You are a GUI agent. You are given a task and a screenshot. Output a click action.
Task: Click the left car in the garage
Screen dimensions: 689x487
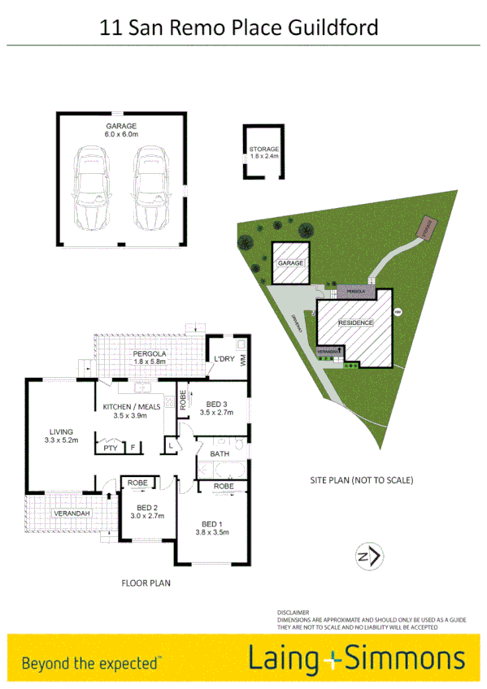91,188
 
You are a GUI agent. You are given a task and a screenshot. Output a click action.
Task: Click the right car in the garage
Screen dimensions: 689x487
150,188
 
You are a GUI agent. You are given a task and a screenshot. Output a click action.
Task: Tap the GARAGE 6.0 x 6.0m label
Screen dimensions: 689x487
121,130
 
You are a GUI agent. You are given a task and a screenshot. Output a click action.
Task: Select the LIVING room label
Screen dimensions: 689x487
61,435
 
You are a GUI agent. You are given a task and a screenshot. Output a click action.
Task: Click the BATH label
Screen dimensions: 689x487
220,453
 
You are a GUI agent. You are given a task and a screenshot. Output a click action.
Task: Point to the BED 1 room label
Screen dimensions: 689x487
211,526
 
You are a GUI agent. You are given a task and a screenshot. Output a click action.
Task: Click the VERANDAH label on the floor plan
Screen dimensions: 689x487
71,513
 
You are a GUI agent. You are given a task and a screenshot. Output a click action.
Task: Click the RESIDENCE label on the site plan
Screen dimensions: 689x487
356,323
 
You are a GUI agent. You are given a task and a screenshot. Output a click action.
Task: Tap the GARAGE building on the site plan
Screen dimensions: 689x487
291,263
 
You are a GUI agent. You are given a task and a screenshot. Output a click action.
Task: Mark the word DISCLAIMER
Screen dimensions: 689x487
294,612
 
